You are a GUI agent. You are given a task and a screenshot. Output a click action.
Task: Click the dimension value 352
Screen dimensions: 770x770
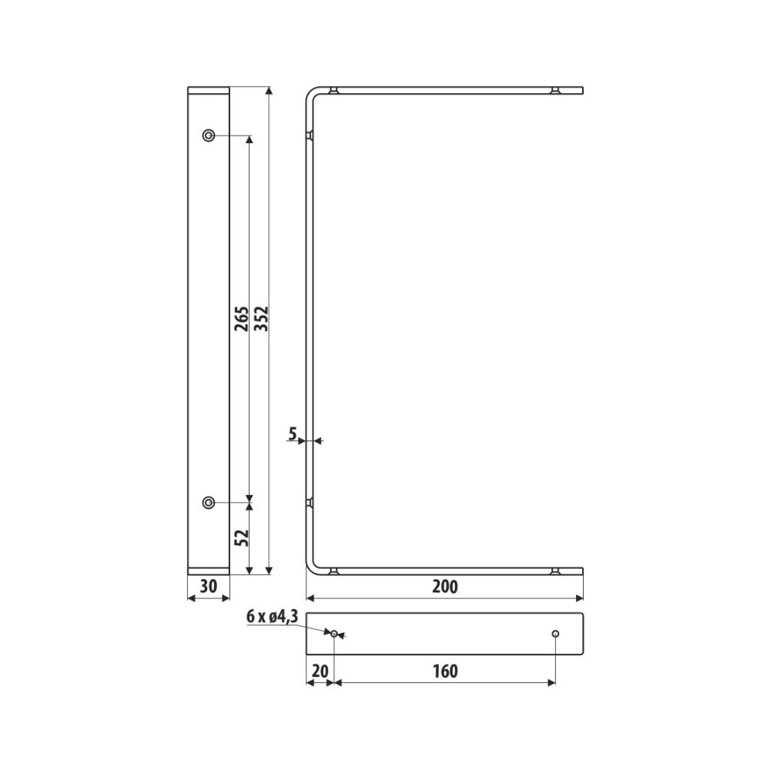(263, 318)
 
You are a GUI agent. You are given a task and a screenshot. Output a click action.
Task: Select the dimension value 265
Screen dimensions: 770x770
(242, 318)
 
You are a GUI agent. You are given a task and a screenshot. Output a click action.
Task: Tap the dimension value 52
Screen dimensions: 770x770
(242, 538)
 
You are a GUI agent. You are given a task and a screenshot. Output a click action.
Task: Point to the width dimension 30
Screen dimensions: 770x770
(209, 586)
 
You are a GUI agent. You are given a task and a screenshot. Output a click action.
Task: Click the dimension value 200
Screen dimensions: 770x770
(445, 586)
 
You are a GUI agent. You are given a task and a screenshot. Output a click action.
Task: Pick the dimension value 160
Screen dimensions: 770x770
(445, 671)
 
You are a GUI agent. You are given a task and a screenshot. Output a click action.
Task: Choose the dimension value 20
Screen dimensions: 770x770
(320, 671)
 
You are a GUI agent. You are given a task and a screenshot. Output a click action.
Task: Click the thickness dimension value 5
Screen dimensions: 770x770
(293, 434)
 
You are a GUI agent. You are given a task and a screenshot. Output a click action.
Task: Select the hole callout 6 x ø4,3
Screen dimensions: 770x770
(272, 616)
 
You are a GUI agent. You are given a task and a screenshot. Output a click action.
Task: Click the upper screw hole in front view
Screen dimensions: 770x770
(209, 135)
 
